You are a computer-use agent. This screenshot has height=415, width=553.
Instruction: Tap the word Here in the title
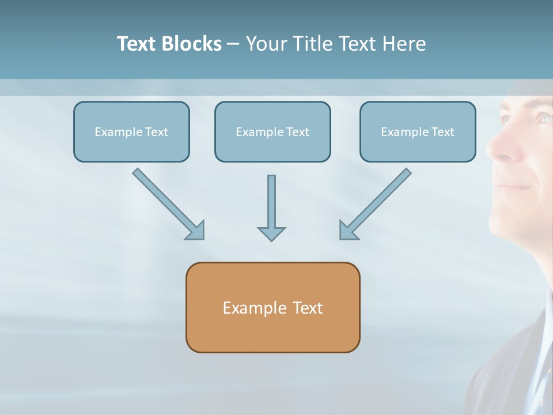tap(403, 44)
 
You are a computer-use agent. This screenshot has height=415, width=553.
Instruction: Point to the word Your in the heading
tap(266, 44)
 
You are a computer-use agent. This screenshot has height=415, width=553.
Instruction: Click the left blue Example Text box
tap(131, 131)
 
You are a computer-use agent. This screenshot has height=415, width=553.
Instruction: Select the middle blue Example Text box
tap(272, 131)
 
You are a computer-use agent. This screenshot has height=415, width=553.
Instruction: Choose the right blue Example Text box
tap(418, 131)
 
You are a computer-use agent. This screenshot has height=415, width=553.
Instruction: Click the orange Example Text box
tap(272, 307)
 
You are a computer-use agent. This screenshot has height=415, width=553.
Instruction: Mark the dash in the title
tap(233, 44)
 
